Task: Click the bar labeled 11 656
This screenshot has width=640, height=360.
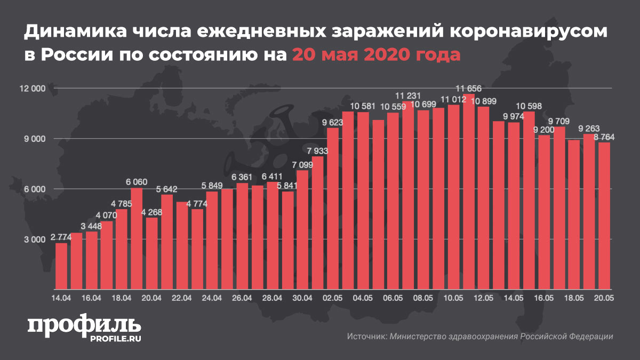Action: (469, 192)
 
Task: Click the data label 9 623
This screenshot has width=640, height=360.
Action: (333, 122)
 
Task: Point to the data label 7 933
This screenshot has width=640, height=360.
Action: (318, 150)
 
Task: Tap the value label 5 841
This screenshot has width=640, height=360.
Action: (287, 186)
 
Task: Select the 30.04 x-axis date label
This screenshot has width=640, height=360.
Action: (303, 298)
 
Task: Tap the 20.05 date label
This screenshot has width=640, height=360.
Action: (604, 298)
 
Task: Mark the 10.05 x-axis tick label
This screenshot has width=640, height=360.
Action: (454, 298)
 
